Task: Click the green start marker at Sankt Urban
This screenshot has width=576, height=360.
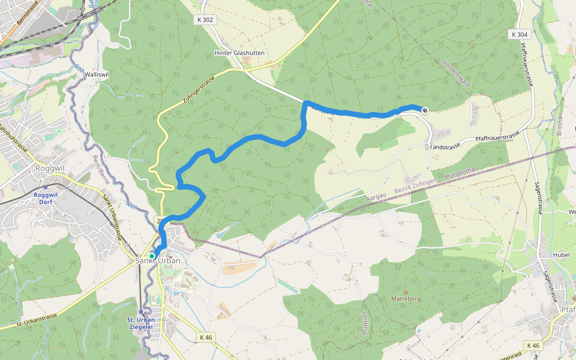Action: tap(152, 256)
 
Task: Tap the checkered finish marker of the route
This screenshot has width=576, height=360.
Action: tap(425, 110)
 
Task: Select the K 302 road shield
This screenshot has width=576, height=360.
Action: tap(204, 20)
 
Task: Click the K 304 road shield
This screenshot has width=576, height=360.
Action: tap(520, 35)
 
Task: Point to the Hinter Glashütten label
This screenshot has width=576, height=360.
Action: tap(239, 53)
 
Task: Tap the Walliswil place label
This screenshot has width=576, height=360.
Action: tap(97, 74)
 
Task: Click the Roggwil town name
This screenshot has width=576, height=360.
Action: tap(50, 169)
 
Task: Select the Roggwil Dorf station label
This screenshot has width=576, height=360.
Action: tap(45, 199)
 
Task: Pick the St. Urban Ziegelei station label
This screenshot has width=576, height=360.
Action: tap(141, 323)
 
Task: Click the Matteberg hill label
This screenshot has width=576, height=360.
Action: tap(406, 298)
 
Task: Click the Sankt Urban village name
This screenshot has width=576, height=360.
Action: tap(157, 260)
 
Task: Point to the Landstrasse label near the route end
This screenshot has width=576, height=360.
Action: tap(445, 146)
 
